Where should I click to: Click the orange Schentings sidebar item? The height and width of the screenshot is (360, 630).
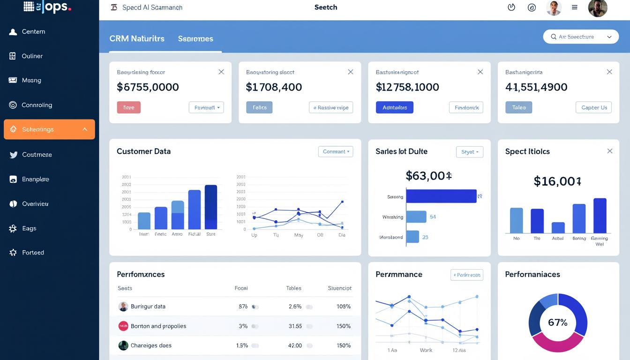(49, 129)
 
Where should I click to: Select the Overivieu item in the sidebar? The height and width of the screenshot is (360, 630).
(35, 204)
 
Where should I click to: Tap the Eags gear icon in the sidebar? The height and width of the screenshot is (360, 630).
(13, 228)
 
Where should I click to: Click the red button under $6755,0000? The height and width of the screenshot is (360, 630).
(128, 107)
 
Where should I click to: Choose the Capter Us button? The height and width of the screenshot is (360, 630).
(594, 107)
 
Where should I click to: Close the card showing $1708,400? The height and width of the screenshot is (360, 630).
(350, 72)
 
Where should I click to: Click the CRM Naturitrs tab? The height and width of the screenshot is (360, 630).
(137, 38)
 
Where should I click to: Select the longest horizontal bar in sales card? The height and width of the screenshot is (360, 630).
(441, 196)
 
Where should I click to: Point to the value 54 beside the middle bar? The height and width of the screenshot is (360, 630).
(433, 217)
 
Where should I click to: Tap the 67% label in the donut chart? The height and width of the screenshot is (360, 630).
(557, 322)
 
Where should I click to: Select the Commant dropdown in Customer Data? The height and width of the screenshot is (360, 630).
(336, 151)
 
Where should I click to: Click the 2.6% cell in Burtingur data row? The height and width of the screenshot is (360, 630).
(295, 307)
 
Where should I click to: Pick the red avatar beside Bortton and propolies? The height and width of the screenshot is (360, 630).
(123, 326)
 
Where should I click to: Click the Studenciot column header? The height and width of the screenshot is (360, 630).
(339, 288)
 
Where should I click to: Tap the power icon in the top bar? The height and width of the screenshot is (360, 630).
(511, 7)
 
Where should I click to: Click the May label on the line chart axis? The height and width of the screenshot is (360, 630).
(299, 235)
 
